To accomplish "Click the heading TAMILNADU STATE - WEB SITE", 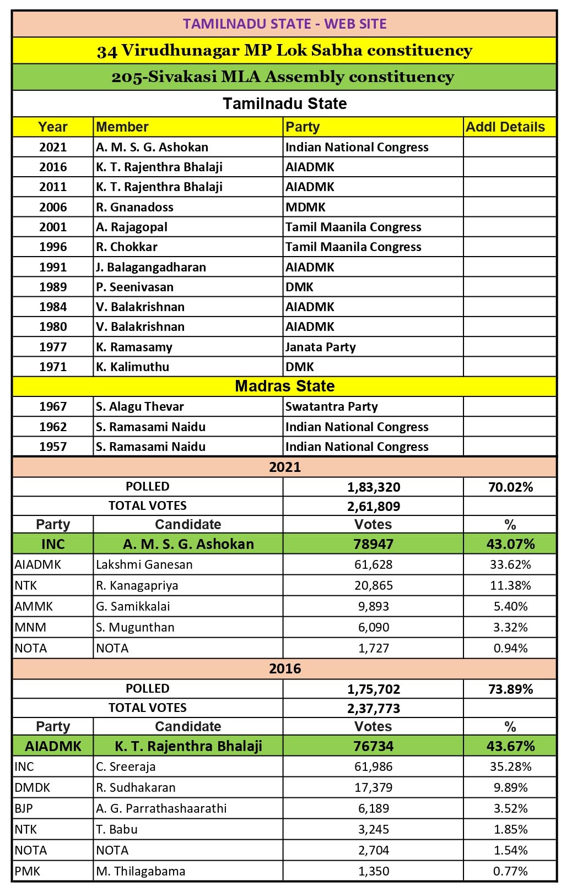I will (x=284, y=24).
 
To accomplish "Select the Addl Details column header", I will (x=505, y=127).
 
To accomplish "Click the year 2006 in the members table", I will (x=53, y=207).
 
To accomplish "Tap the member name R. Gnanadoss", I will (x=134, y=207).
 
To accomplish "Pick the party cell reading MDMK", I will (x=305, y=207).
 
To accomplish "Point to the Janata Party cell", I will (x=320, y=347).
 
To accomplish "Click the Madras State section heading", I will (x=284, y=386).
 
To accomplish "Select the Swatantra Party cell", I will (x=331, y=406).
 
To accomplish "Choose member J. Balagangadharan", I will (x=150, y=267).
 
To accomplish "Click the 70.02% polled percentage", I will (x=510, y=487).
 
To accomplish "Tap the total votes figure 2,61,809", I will (x=374, y=506).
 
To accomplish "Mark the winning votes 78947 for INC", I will (x=374, y=544).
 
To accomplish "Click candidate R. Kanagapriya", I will (x=137, y=585).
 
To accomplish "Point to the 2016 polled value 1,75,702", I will (x=374, y=689).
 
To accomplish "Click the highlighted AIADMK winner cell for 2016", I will (x=53, y=746).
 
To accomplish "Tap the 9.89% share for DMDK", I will (x=510, y=787).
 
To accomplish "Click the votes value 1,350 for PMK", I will (x=374, y=871).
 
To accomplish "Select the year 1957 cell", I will (x=53, y=447).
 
